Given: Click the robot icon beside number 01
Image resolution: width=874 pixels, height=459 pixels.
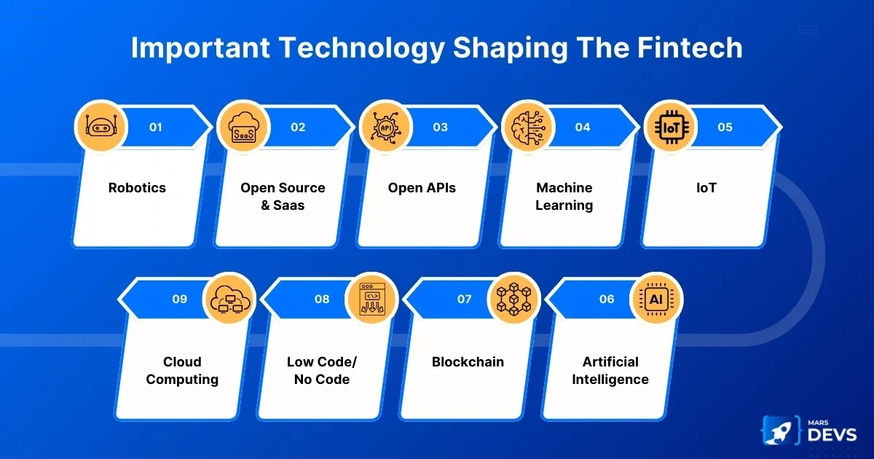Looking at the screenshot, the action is click(x=101, y=126).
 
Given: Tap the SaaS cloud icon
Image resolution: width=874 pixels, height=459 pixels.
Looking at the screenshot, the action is click(x=243, y=127).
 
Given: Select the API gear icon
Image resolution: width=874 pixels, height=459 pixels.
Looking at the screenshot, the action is click(x=386, y=127).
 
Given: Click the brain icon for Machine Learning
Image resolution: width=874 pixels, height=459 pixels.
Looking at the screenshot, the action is click(x=528, y=127).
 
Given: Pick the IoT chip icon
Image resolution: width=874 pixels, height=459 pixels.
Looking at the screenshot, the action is click(x=671, y=127).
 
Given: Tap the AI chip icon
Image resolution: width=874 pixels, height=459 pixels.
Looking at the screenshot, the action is click(x=656, y=299).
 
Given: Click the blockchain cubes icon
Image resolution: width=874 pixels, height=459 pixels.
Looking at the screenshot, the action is click(x=514, y=299).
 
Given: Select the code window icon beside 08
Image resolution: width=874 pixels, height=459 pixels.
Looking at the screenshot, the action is click(x=372, y=299).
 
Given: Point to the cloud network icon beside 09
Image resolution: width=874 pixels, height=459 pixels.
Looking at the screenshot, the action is click(x=230, y=299).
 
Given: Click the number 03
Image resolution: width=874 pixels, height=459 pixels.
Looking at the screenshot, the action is click(x=440, y=127).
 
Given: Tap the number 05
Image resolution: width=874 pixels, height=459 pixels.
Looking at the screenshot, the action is click(x=725, y=127).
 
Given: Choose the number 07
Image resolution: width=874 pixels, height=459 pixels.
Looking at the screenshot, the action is click(x=465, y=299).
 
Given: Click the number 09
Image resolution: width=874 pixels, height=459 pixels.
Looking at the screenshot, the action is click(x=179, y=299).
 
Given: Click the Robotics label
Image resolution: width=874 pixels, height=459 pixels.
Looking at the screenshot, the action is click(x=137, y=188).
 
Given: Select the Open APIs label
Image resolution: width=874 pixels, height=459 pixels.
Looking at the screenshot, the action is click(x=422, y=188).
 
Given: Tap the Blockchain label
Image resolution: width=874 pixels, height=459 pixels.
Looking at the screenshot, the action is click(x=468, y=362).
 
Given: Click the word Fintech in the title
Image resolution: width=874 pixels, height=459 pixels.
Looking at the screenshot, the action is click(x=690, y=47).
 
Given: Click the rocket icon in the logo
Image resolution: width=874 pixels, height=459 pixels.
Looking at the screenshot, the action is click(x=779, y=431).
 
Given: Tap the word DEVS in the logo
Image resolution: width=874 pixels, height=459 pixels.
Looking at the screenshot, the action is click(x=832, y=434).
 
